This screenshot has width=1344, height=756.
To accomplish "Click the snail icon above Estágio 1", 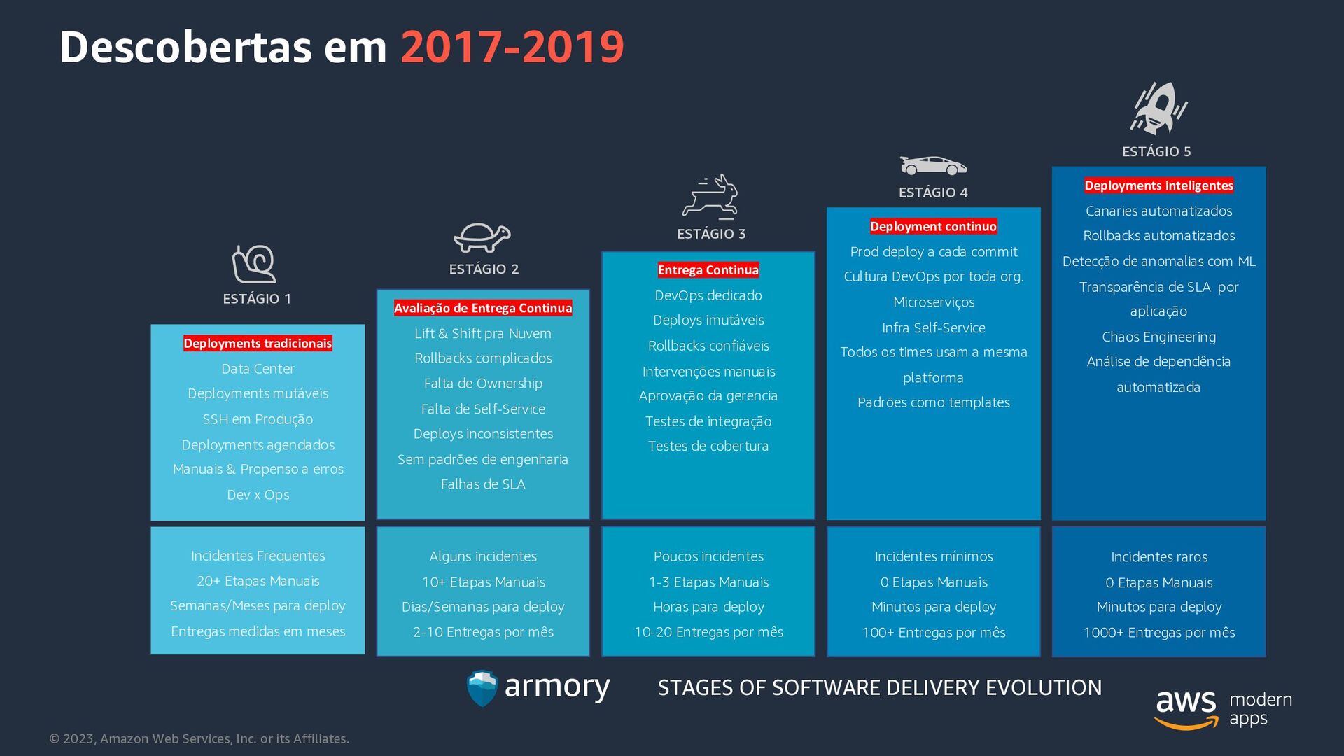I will point(254,264).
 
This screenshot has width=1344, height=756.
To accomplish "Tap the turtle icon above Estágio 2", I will point(482,237).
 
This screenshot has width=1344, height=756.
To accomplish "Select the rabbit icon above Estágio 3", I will point(710,195).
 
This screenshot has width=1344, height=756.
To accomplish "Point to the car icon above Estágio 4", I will point(933,166).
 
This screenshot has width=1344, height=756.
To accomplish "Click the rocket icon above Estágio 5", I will point(1158,108).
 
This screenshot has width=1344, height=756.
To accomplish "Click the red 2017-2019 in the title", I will point(512,47).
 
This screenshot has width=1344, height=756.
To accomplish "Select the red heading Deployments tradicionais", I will point(258,343).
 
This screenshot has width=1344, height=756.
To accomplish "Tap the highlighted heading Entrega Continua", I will point(708,270).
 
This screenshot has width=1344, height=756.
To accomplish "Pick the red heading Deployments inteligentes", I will point(1158,185).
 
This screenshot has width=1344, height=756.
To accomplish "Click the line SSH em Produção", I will point(258,419).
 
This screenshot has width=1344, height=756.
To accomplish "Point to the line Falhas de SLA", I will point(483,484).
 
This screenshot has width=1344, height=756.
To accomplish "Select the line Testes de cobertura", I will point(708,447).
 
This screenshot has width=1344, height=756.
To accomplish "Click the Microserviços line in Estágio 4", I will point(934,302).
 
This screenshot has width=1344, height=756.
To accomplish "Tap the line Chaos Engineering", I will point(1158,337).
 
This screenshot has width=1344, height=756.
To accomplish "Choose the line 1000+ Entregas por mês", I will point(1159,633).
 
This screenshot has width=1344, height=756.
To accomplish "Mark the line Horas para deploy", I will point(708,607).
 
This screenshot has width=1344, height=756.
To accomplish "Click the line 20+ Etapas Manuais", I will point(258,581).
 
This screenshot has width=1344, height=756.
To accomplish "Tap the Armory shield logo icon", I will point(482,688).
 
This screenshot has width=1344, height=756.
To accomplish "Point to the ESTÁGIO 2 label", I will point(484,269).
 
